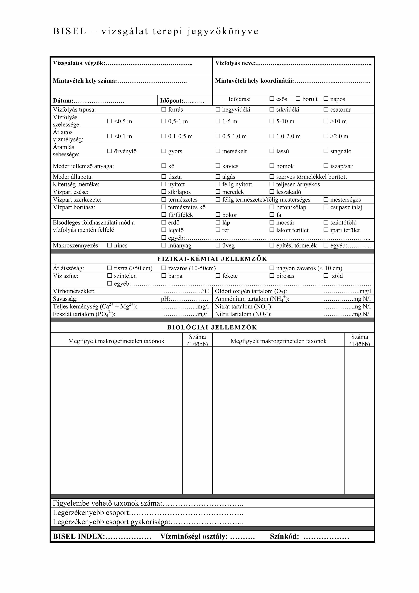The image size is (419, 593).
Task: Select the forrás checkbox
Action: point(164,109)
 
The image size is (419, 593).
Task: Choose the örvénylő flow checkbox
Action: point(110,151)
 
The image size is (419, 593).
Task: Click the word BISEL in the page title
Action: point(69,31)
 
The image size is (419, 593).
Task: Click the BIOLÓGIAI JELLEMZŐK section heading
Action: point(212,327)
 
